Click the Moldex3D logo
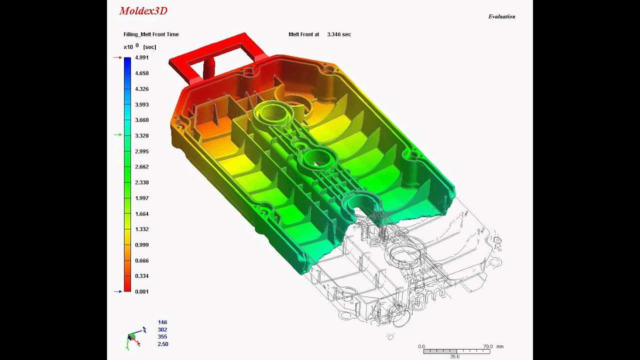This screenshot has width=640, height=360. tap(143, 11)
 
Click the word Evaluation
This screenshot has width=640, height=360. tap(501, 16)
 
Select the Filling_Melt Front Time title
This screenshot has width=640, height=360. tap(151, 34)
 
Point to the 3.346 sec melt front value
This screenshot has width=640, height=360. tap(338, 34)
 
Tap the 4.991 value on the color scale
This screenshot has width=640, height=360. tap(141, 57)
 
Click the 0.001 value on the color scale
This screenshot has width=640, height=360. tap(141, 291)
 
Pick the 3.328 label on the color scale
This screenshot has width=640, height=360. tap(141, 135)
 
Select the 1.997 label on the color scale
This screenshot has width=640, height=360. tap(141, 198)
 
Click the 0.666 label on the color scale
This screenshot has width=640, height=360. tap(141, 260)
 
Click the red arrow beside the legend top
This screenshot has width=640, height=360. tap(117, 57)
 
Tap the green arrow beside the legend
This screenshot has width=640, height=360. tap(117, 135)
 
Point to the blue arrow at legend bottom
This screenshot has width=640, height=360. tap(117, 291)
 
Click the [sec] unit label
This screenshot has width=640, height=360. tap(149, 47)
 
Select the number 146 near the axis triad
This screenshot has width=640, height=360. tap(162, 322)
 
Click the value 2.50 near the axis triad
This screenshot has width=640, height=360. tap(162, 344)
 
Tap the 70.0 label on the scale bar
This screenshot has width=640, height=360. tap(488, 346)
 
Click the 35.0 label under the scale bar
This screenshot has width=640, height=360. tap(454, 356)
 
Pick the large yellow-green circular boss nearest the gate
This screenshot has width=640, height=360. tap(273, 113)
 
